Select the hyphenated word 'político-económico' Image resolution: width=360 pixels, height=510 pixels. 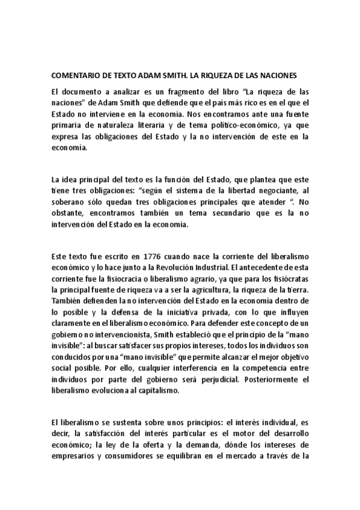(226, 125)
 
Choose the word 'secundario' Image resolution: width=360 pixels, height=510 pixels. (219, 213)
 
